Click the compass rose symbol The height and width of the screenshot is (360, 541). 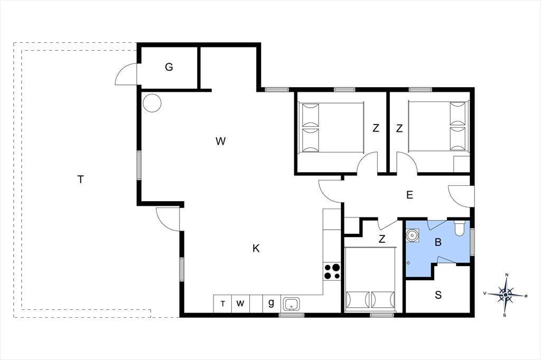[x=506, y=295]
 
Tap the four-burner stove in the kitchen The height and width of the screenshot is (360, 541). [x=332, y=271]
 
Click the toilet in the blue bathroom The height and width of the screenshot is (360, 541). [x=460, y=228]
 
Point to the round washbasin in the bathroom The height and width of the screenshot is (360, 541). [x=412, y=235]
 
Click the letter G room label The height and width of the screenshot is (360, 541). [x=169, y=67]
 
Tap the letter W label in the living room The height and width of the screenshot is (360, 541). [x=220, y=141]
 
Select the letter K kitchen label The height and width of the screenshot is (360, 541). [x=256, y=248]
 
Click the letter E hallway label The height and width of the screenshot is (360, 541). [x=409, y=195]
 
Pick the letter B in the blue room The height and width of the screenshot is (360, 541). [x=438, y=242]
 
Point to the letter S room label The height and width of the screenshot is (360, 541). [x=438, y=295]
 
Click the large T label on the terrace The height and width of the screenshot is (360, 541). [x=80, y=179]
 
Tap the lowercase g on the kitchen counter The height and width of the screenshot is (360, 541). [x=271, y=303]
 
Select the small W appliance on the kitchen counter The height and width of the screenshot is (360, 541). [x=240, y=304]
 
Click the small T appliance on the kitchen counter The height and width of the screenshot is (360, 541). [x=223, y=304]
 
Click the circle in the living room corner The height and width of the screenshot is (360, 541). [x=152, y=103]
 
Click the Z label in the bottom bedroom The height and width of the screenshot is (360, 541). [x=381, y=239]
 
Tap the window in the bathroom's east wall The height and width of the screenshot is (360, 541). [x=472, y=242]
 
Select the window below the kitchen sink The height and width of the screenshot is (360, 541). [x=292, y=315]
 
